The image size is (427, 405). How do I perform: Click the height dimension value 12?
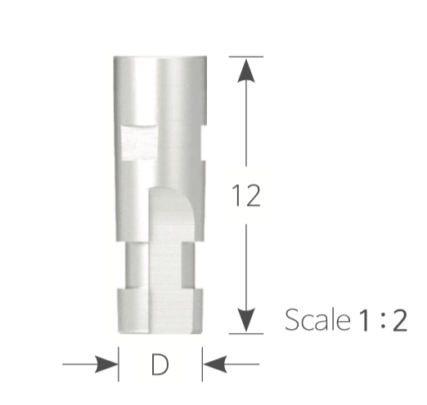[246, 197]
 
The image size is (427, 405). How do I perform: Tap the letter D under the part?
[160, 365]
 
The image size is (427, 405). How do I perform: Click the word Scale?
[314, 319]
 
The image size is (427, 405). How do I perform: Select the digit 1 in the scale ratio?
[364, 319]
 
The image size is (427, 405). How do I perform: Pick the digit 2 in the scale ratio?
[398, 319]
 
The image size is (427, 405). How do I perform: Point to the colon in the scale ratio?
[382, 320]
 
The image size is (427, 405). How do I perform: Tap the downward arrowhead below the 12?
[246, 319]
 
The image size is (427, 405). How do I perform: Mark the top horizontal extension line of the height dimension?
[245, 56]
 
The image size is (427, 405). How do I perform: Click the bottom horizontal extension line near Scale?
[245, 333]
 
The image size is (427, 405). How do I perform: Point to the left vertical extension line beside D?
[119, 363]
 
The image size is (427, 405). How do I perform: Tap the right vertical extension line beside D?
[202, 363]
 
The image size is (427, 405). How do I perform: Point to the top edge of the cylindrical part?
[160, 58]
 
